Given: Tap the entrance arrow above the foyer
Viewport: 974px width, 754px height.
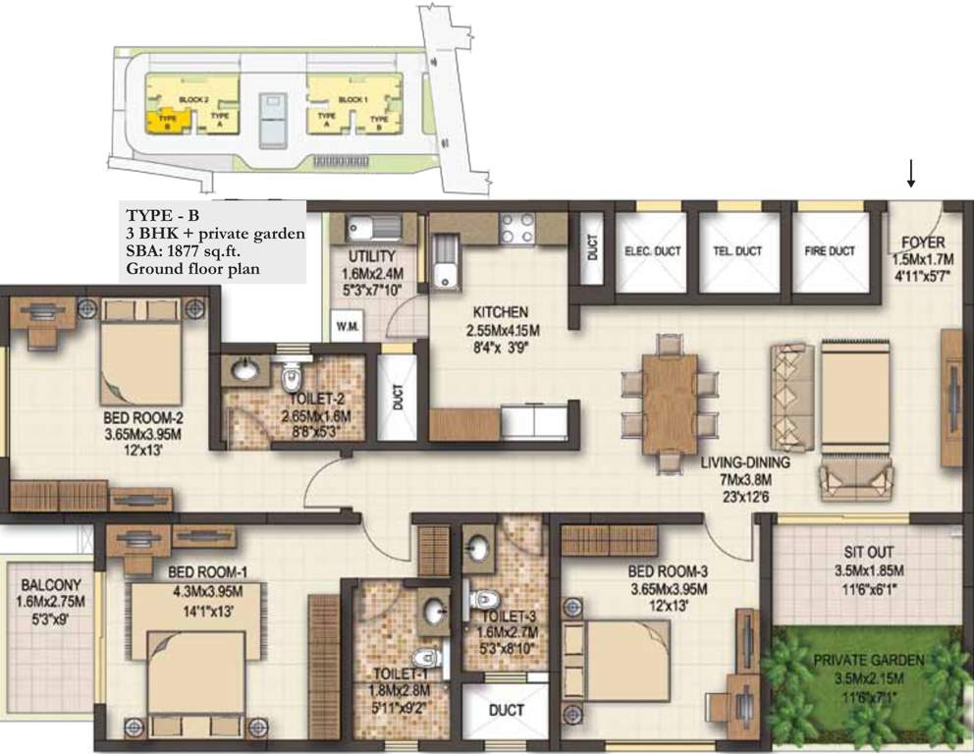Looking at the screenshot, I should [911, 176].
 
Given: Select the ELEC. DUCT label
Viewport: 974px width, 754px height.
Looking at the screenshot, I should [653, 251].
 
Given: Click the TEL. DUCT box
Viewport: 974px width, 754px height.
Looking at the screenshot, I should [739, 251].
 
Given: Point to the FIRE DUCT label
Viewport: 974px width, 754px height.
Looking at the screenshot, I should [830, 251].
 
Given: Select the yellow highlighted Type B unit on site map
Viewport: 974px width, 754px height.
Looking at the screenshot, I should [163, 122].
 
